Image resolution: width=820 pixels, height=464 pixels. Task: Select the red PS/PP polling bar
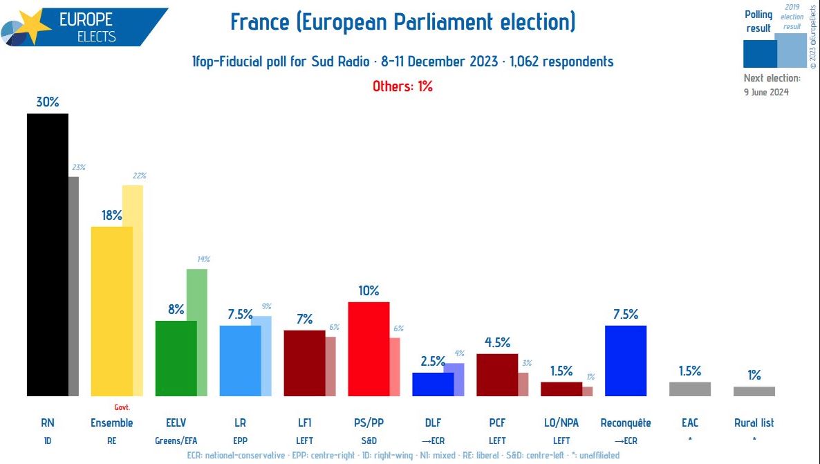point(369,349)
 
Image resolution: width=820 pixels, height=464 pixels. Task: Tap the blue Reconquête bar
point(626,360)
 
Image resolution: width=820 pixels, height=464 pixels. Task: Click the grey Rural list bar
point(754,391)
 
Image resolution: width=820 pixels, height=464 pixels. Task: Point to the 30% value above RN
point(48,101)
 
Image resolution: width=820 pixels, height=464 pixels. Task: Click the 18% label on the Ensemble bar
point(111,215)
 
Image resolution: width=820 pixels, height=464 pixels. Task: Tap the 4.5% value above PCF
point(497,342)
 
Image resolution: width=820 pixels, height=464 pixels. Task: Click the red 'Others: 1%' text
point(402,86)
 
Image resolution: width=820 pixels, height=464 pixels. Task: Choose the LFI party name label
point(304,423)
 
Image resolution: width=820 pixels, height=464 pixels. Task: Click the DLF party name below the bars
point(433,423)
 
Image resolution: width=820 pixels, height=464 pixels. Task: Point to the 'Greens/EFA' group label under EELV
point(176,440)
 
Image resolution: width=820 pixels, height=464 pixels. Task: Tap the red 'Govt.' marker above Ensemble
point(122,407)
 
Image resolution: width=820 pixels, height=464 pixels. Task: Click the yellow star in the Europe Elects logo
point(33,26)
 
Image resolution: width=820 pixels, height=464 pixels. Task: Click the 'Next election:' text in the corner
point(772,78)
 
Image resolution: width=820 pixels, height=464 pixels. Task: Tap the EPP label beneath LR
point(240,440)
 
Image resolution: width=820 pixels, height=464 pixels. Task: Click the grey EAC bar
point(690,389)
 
